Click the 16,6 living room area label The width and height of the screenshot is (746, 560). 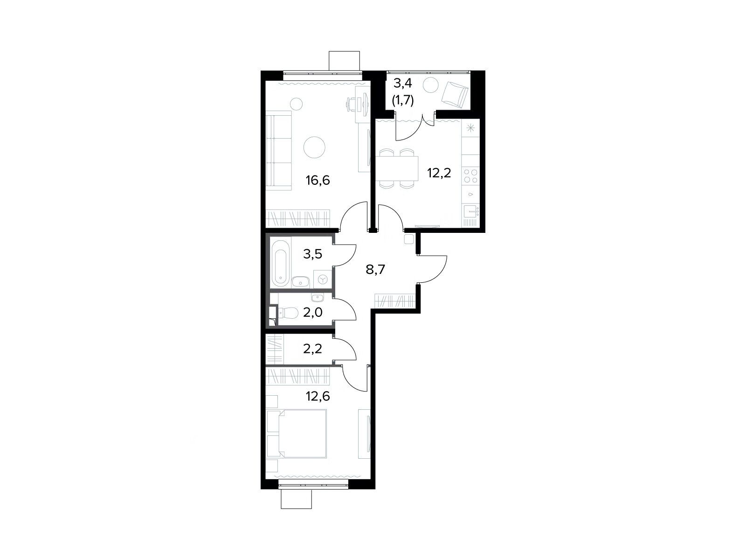pyautogui.click(x=318, y=180)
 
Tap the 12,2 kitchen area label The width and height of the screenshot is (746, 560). pyautogui.click(x=439, y=173)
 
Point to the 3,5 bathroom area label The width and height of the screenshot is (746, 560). pyautogui.click(x=312, y=254)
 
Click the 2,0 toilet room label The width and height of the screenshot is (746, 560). pyautogui.click(x=312, y=312)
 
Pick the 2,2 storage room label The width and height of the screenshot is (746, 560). pyautogui.click(x=312, y=349)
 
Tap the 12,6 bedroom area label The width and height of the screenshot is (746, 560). pyautogui.click(x=318, y=396)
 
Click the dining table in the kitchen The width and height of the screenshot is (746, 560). pyautogui.click(x=397, y=168)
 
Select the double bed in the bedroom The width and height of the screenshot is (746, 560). pyautogui.click(x=302, y=434)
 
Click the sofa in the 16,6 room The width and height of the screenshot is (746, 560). pyautogui.click(x=279, y=151)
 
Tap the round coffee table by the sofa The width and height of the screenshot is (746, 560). pyautogui.click(x=314, y=147)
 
